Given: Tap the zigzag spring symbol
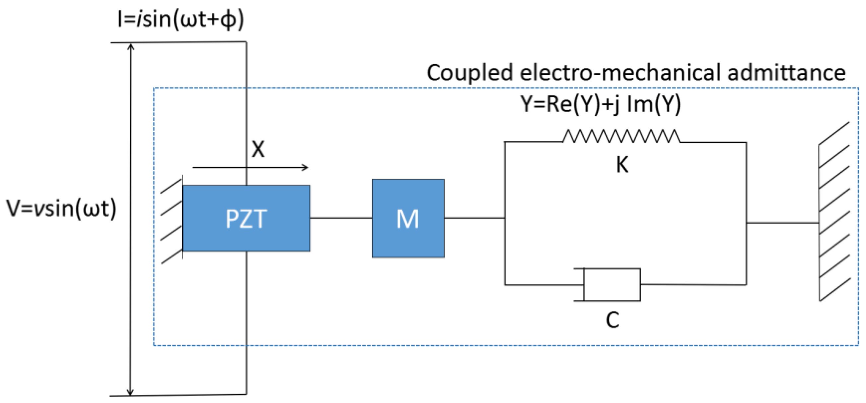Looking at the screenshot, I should click(621, 136).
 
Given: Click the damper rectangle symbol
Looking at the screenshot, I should click(612, 284).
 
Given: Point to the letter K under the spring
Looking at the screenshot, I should click(622, 165).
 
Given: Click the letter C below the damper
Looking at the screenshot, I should click(613, 320).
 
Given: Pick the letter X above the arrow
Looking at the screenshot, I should click(258, 149).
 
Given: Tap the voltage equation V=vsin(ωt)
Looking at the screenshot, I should click(61, 208).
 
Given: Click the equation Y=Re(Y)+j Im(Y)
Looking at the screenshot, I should click(601, 104).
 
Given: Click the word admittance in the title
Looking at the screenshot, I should click(786, 73).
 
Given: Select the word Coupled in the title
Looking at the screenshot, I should click(469, 73).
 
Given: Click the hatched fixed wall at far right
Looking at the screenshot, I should click(834, 211).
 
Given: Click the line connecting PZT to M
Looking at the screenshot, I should click(341, 218).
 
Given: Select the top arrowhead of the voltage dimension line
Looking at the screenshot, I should click(131, 47).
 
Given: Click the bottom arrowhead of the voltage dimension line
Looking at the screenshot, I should click(130, 392).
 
